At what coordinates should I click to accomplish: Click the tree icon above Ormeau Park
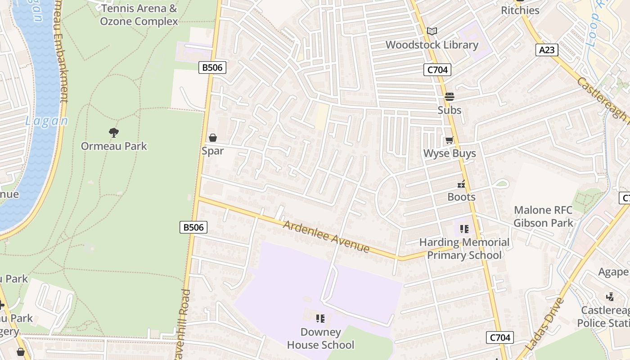(x=114, y=132)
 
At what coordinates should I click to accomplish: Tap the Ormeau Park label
(x=114, y=146)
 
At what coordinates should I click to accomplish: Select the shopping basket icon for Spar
(x=212, y=138)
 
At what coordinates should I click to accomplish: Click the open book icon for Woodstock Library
(x=432, y=31)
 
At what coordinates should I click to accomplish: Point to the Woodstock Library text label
(x=432, y=45)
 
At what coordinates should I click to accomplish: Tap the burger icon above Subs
(x=449, y=97)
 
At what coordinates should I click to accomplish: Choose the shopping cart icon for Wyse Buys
(x=449, y=140)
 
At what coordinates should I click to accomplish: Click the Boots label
(x=461, y=197)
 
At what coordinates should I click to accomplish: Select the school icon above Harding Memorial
(x=464, y=229)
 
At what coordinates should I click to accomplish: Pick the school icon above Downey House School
(x=320, y=319)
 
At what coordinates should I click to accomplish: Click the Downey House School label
(x=320, y=339)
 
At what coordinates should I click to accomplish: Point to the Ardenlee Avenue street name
(x=326, y=236)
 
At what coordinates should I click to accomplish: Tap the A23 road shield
(x=547, y=50)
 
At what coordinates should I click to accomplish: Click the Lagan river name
(x=46, y=121)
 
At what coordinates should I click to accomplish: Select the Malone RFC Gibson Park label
(x=543, y=216)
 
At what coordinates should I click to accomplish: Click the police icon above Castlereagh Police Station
(x=610, y=297)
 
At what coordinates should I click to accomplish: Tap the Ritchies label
(x=520, y=10)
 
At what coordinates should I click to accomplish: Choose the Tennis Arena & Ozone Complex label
(x=139, y=15)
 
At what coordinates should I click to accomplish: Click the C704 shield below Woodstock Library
(x=437, y=70)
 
